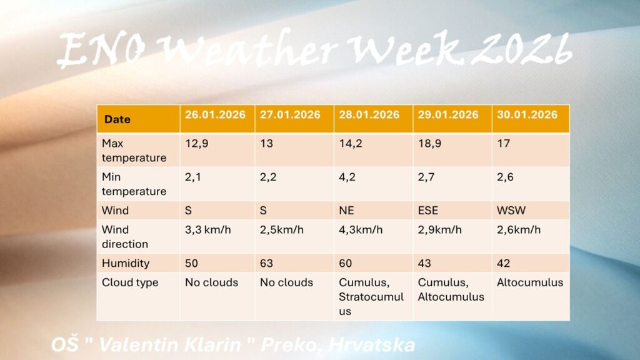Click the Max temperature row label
point(134,150)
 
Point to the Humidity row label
point(125,263)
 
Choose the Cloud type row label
point(130,282)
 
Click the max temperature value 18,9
point(429,144)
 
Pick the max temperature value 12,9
point(197,144)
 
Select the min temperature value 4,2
point(347,177)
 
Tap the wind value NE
point(346,211)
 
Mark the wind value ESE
point(427,211)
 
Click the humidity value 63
point(266,263)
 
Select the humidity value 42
point(503,263)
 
